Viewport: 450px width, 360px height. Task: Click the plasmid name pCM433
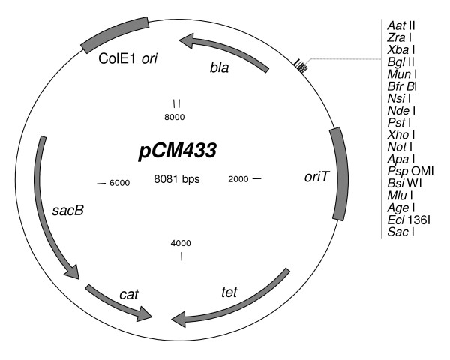[x=177, y=151]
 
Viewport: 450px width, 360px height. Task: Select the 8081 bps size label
[x=177, y=179]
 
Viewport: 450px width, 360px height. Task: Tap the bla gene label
[x=218, y=68]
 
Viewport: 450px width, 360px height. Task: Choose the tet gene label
[x=229, y=290]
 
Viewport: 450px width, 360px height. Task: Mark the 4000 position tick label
[x=181, y=243]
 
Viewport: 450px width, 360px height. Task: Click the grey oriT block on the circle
[x=339, y=173]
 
